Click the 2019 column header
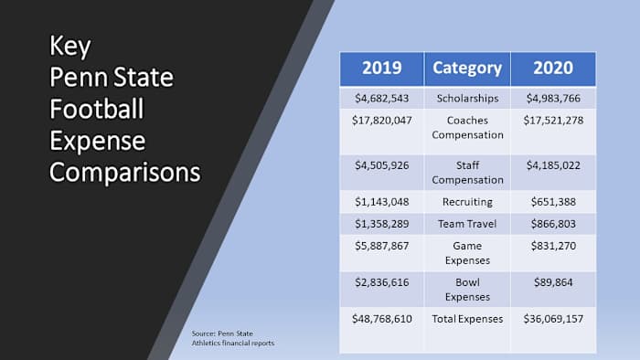tap(381, 68)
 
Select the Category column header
tap(466, 68)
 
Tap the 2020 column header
tap(552, 68)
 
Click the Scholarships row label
tap(466, 98)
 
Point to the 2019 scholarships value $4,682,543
tap(381, 98)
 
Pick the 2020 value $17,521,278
tap(552, 121)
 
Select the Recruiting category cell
tap(466, 201)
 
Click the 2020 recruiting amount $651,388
tap(552, 201)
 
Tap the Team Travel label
tap(466, 224)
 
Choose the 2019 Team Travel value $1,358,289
tap(381, 224)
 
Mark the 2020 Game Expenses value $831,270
tap(552, 247)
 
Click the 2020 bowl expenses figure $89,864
tap(552, 283)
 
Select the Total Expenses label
tap(466, 320)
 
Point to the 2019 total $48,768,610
tap(381, 320)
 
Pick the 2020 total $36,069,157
tap(552, 320)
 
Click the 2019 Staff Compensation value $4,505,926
tap(381, 165)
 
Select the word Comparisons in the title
tap(124, 172)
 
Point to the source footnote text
tap(234, 338)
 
